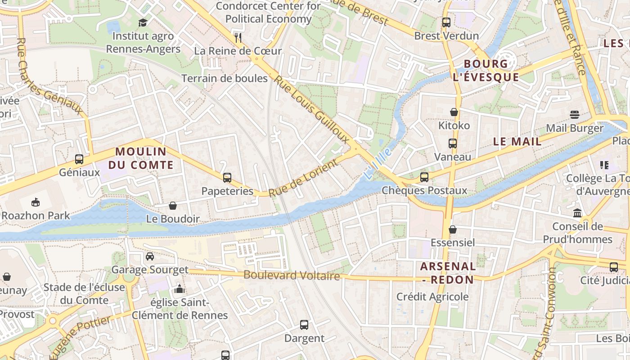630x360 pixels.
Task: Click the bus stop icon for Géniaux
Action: point(79,159)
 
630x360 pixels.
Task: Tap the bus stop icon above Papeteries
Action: point(227,177)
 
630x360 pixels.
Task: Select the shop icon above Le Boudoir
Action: point(173,206)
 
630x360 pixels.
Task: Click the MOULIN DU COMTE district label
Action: point(141,158)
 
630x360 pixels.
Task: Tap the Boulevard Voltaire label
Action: point(292,275)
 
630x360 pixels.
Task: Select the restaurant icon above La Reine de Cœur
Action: point(238,37)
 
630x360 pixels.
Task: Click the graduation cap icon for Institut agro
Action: point(143,22)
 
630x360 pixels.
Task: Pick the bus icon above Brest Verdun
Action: point(446,22)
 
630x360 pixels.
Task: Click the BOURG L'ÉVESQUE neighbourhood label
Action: point(486,71)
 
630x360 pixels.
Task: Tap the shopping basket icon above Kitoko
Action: point(454,112)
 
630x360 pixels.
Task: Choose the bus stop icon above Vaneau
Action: point(453,144)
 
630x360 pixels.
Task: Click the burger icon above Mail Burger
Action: point(574,115)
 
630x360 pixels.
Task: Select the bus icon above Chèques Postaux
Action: point(424,177)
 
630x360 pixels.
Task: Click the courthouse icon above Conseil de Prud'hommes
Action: point(577,213)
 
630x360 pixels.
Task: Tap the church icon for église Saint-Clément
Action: point(180,289)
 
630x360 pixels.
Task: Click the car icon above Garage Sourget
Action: point(150,256)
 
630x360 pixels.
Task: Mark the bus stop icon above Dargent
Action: point(304,324)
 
